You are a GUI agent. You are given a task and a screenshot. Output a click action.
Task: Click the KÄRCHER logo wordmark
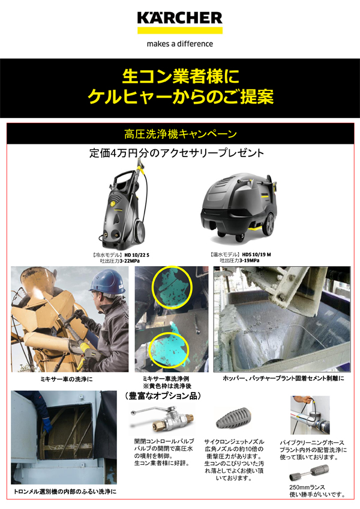point(179,18)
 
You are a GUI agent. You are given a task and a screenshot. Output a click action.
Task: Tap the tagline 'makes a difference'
point(180,44)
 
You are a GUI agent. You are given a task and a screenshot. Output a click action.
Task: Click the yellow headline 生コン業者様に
point(180,76)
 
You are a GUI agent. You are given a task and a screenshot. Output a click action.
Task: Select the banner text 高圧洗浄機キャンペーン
point(180,133)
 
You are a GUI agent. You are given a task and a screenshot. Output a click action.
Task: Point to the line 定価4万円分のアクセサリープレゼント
point(176,153)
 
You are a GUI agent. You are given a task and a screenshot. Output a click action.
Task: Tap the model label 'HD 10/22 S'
point(137,255)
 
